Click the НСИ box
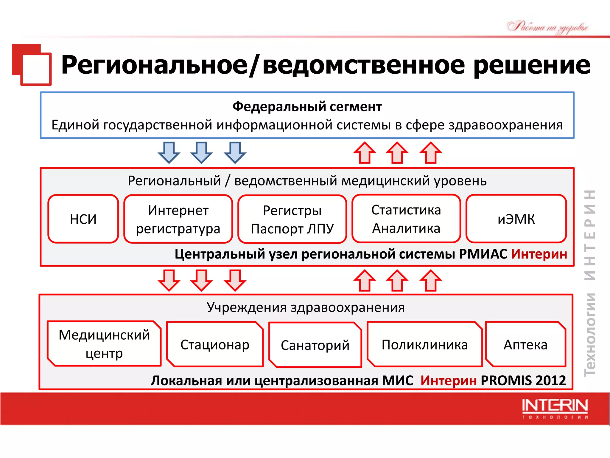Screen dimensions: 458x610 (x=83, y=219)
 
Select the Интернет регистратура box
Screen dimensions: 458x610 (x=178, y=219)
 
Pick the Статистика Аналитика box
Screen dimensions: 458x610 (x=406, y=219)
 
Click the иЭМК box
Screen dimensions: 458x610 (x=516, y=219)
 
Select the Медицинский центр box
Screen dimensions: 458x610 (x=104, y=343)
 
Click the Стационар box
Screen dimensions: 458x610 (x=215, y=344)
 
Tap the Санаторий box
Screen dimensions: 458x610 (x=315, y=345)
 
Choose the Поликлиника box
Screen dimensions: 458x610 (x=424, y=344)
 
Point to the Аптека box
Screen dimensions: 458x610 (x=525, y=344)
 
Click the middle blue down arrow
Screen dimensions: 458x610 (x=201, y=152)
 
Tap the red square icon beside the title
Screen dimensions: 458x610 (x=32, y=65)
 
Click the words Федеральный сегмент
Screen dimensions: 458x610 (x=307, y=106)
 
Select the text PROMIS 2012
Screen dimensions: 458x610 (x=523, y=380)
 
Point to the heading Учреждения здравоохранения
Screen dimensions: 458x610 (x=306, y=307)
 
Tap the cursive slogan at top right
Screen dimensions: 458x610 (x=547, y=27)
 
